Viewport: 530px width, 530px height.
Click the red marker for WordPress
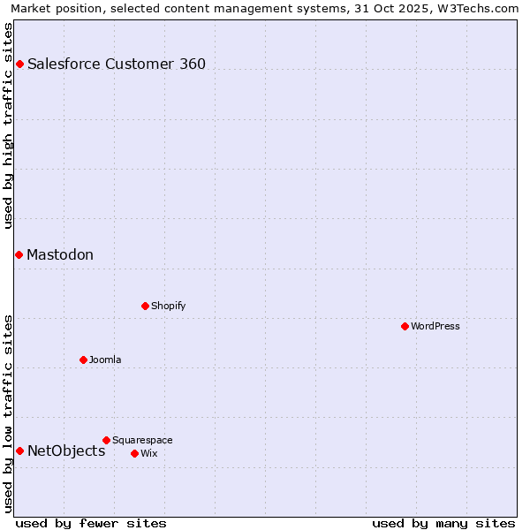click(x=405, y=326)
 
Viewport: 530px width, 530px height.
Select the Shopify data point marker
click(x=145, y=306)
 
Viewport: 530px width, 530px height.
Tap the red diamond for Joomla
click(x=83, y=360)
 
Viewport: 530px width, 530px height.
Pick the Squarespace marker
click(x=106, y=440)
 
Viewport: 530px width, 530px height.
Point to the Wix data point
click(x=134, y=453)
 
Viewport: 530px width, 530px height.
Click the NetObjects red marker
click(x=19, y=450)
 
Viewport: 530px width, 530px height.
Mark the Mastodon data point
click(x=19, y=254)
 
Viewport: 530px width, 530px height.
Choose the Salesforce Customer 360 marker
click(x=19, y=64)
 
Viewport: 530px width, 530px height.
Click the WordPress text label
click(x=435, y=326)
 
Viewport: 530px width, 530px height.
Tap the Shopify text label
click(x=168, y=306)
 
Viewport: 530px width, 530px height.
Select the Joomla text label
click(x=105, y=360)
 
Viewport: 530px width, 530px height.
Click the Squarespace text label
click(x=142, y=440)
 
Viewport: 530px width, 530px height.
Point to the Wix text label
click(x=149, y=453)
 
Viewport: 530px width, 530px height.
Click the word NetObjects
click(x=66, y=450)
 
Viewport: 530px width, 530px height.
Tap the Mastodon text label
click(x=60, y=254)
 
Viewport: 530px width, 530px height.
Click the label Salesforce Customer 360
click(x=117, y=64)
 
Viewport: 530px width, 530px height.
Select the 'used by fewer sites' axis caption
click(x=91, y=523)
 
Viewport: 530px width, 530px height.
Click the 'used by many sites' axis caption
click(x=443, y=523)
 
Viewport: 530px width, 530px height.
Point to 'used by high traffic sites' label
click(x=8, y=125)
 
